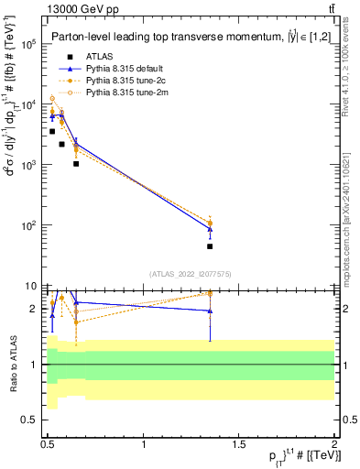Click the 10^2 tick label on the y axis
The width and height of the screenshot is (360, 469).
tap(28, 225)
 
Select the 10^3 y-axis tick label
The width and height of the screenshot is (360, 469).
tap(28, 165)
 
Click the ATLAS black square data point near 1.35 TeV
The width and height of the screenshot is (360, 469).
tap(210, 246)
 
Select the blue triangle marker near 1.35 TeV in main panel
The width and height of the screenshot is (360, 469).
tap(210, 228)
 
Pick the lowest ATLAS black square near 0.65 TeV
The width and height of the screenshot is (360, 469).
tap(76, 164)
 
